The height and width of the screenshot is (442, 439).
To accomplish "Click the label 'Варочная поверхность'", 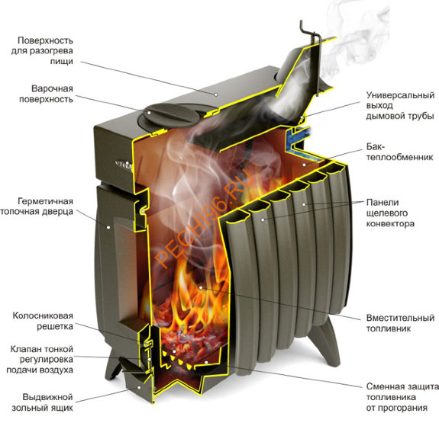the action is click(x=46, y=94).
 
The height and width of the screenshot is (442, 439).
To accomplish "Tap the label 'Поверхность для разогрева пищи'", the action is click(x=42, y=51).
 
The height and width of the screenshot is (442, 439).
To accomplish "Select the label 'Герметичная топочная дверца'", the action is click(x=37, y=207).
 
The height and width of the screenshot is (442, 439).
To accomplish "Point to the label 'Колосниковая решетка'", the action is click(x=43, y=321).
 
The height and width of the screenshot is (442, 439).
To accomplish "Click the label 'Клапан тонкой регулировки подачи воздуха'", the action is click(x=40, y=360).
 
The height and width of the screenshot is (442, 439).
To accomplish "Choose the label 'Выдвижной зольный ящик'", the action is click(x=43, y=402).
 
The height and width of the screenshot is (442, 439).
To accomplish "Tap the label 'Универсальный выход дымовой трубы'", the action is click(x=400, y=105).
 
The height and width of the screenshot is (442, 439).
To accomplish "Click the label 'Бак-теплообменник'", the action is click(x=399, y=152).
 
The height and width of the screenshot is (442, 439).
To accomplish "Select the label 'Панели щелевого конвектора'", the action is click(x=390, y=213).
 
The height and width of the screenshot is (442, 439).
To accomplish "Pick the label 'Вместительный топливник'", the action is click(x=400, y=323).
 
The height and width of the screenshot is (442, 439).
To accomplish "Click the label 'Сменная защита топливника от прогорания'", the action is click(x=402, y=397).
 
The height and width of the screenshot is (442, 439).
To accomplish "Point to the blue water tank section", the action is click(x=300, y=144).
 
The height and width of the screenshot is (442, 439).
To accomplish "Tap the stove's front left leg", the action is click(x=112, y=363).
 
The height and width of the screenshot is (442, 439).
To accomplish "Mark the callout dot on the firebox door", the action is click(x=108, y=227).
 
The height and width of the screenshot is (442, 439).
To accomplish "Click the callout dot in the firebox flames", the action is click(x=200, y=288).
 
